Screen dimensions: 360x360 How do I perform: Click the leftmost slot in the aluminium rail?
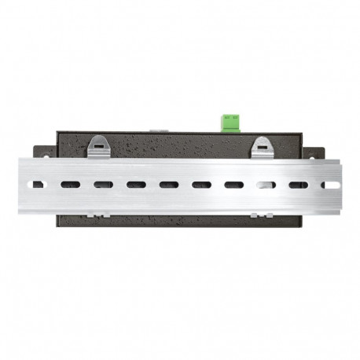pos(35,185)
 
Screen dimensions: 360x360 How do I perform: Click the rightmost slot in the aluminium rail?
pos(331,186)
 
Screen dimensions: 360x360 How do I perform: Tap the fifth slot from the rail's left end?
pos(167,186)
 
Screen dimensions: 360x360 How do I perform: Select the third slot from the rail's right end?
pos(266,186)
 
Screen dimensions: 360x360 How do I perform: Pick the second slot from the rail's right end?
pos(298,186)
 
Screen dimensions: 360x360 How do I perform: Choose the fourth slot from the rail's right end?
pos(233,186)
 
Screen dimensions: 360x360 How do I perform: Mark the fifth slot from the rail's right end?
pos(200,186)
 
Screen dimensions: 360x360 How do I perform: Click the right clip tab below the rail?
pos(262,213)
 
